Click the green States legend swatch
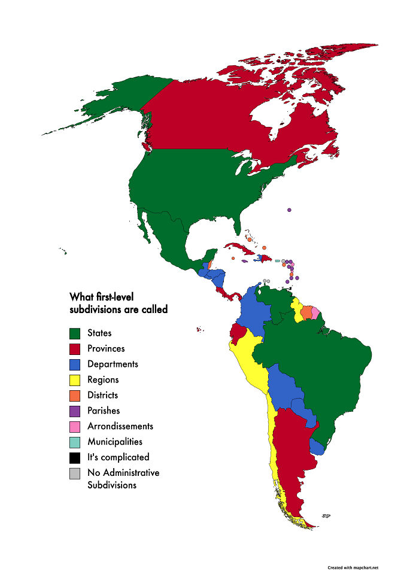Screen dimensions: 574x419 tap(75, 333)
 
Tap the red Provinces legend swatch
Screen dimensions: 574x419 tap(75, 349)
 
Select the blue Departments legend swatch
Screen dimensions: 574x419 tap(75, 365)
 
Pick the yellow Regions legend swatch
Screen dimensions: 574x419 tap(75, 380)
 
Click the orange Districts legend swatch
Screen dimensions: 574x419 tap(75, 396)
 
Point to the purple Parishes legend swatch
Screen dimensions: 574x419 tap(75, 411)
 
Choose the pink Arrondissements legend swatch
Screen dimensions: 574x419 tap(75, 427)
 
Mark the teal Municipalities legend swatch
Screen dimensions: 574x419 tap(75, 442)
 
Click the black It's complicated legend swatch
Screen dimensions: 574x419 tap(75, 458)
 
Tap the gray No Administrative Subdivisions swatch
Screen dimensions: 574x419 tap(75, 473)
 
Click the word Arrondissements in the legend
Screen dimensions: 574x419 tap(120, 426)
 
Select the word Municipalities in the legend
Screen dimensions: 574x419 tap(115, 442)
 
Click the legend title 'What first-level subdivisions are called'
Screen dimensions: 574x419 tap(119, 303)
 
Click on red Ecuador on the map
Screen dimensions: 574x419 tap(238, 332)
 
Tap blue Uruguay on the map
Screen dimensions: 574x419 tap(317, 447)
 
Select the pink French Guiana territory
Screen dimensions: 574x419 tap(315, 313)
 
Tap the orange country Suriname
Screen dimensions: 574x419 tap(306, 312)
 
